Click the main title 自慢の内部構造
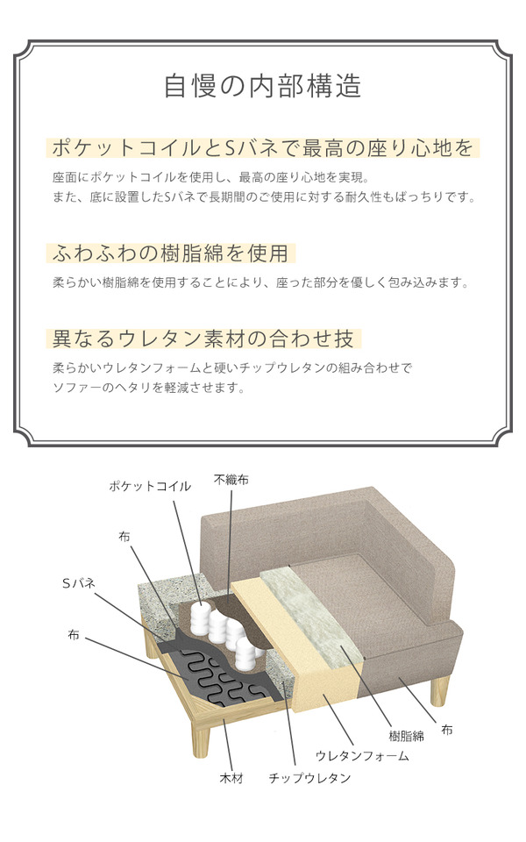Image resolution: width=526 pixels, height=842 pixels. pyautogui.click(x=262, y=87)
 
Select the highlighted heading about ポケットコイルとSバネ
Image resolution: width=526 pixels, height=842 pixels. pyautogui.click(x=262, y=147)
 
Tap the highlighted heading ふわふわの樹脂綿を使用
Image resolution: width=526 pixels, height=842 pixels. pyautogui.click(x=171, y=253)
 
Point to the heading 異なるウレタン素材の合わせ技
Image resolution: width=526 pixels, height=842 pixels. pyautogui.click(x=203, y=339)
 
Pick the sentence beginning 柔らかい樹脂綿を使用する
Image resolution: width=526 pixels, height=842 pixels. pyautogui.click(x=261, y=282)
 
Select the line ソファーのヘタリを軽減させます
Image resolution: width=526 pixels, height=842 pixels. pyautogui.click(x=149, y=387)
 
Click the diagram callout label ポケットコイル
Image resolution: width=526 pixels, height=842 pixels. pyautogui.click(x=150, y=486)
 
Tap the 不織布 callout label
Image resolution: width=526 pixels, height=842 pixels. pyautogui.click(x=231, y=479)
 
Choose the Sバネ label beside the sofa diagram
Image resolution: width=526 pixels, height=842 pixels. pyautogui.click(x=79, y=583)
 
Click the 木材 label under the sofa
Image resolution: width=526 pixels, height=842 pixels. pyautogui.click(x=231, y=778)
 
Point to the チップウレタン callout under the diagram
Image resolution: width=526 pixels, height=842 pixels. pyautogui.click(x=309, y=778)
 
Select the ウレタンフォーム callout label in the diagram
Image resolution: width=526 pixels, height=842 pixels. pyautogui.click(x=362, y=756)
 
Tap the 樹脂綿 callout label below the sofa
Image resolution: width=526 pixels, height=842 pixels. pyautogui.click(x=406, y=736)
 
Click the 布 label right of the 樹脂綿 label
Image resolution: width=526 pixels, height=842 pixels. pyautogui.click(x=446, y=730)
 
